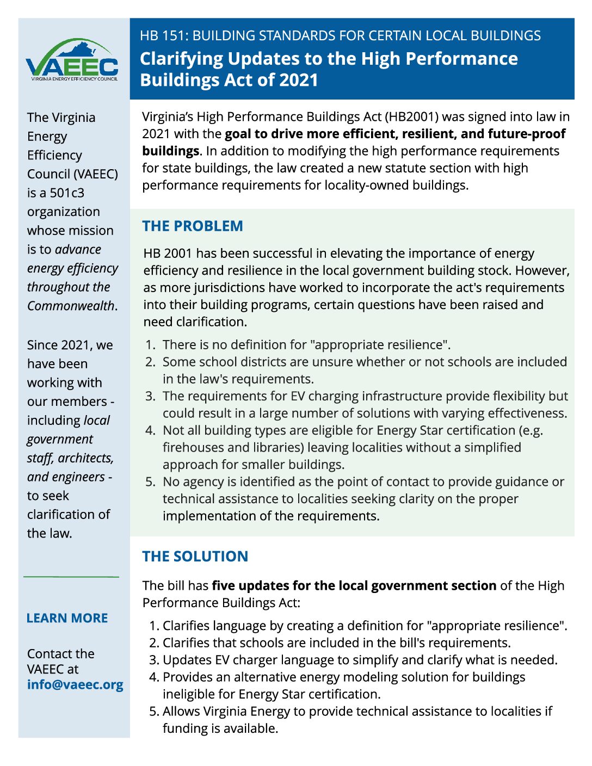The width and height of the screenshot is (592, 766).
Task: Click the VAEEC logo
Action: pyautogui.click(x=72, y=61)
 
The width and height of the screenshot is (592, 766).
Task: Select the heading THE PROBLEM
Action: pyautogui.click(x=193, y=226)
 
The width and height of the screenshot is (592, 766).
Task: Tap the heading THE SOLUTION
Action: pyautogui.click(x=195, y=556)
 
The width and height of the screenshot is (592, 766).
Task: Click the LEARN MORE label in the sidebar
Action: pyautogui.click(x=67, y=618)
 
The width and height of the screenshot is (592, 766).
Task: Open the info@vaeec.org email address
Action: pyautogui.click(x=75, y=684)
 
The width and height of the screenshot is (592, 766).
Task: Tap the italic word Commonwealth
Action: pyautogui.click(x=71, y=306)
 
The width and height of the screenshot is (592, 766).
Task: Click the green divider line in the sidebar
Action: pyautogui.click(x=71, y=576)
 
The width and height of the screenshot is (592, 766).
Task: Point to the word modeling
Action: pyautogui.click(x=376, y=677)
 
